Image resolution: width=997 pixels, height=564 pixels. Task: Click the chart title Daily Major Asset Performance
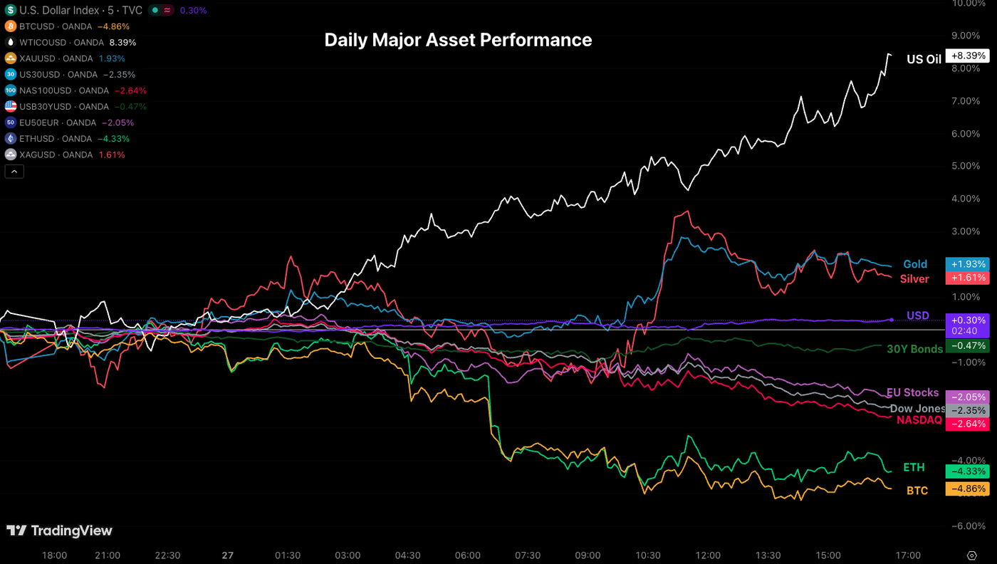coord(458,40)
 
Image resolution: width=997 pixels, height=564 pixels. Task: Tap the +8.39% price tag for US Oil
coord(967,56)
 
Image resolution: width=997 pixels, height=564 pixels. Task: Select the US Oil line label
coord(924,59)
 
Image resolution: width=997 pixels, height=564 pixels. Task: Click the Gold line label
coord(915,264)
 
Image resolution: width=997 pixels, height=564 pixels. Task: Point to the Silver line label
coord(914,278)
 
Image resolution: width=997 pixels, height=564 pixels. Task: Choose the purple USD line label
coord(917,315)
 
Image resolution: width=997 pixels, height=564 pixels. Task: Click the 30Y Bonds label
coord(914,348)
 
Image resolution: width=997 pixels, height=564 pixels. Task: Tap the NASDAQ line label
coord(919,420)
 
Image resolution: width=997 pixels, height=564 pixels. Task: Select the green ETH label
coord(914,467)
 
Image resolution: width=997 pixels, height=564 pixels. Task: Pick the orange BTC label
coord(917,490)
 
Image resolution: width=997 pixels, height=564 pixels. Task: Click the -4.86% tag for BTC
coord(967,489)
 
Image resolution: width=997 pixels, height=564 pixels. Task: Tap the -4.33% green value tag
coord(967,471)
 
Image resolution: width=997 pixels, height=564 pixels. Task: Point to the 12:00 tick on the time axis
coord(708,555)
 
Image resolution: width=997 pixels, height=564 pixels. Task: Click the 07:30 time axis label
coord(528,555)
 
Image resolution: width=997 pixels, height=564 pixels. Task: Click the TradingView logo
coord(59,531)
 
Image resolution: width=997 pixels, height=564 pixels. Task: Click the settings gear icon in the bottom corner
coord(971,555)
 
